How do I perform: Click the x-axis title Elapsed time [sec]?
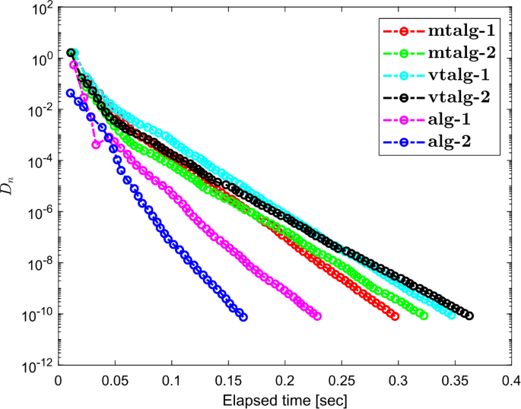285,399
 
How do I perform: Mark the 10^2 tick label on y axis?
39,10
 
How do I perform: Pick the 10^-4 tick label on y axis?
39,162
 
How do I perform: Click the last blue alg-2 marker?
243,316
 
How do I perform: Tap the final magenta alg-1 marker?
316,316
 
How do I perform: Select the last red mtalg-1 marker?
395,315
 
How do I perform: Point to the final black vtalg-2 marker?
469,315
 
